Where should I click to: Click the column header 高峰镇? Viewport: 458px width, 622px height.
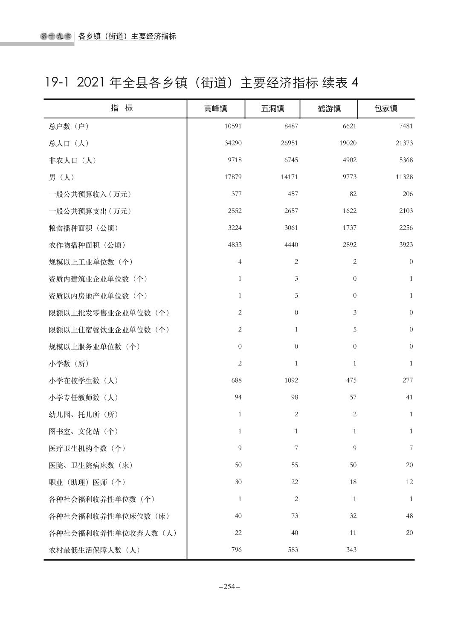[x=215, y=109]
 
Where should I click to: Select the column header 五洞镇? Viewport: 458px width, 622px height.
[x=272, y=109]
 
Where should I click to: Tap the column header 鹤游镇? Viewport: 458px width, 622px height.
[x=329, y=109]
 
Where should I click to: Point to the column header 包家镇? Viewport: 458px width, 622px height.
[x=386, y=109]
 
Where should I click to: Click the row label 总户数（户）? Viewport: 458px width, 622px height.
[x=69, y=126]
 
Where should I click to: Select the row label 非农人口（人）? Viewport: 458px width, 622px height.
[x=72, y=160]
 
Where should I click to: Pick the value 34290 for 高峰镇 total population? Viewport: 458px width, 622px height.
[x=233, y=143]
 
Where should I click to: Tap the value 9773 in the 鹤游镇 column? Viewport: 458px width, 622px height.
[x=349, y=177]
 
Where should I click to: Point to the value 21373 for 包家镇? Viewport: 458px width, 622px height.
[x=404, y=143]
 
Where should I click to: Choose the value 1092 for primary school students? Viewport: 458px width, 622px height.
[x=291, y=380]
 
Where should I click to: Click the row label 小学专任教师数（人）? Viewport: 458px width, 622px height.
[x=83, y=398]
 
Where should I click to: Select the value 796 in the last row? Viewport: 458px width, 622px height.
[x=236, y=549]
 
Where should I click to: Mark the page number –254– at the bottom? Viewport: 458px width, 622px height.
[x=229, y=587]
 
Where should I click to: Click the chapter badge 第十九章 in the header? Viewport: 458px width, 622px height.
[x=56, y=37]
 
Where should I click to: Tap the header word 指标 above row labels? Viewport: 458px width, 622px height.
[x=122, y=108]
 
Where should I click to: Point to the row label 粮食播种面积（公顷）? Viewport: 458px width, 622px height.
[x=83, y=228]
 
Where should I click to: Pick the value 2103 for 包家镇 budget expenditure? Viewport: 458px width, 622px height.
[x=406, y=211]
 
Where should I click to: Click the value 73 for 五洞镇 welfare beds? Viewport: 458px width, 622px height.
[x=294, y=516]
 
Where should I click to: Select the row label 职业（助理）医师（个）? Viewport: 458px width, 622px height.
[x=87, y=482]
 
